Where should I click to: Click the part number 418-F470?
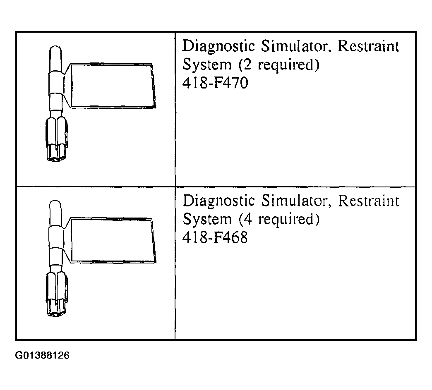[215, 83]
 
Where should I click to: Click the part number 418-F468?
[215, 237]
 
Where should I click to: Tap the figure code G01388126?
[42, 355]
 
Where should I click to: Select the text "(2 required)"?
[279, 65]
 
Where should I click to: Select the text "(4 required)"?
[279, 219]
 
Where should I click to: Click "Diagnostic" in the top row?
[219, 46]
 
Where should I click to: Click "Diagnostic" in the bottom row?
[219, 201]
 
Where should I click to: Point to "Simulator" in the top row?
[296, 46]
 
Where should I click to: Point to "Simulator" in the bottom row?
[296, 201]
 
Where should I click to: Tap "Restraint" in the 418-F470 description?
[369, 46]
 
